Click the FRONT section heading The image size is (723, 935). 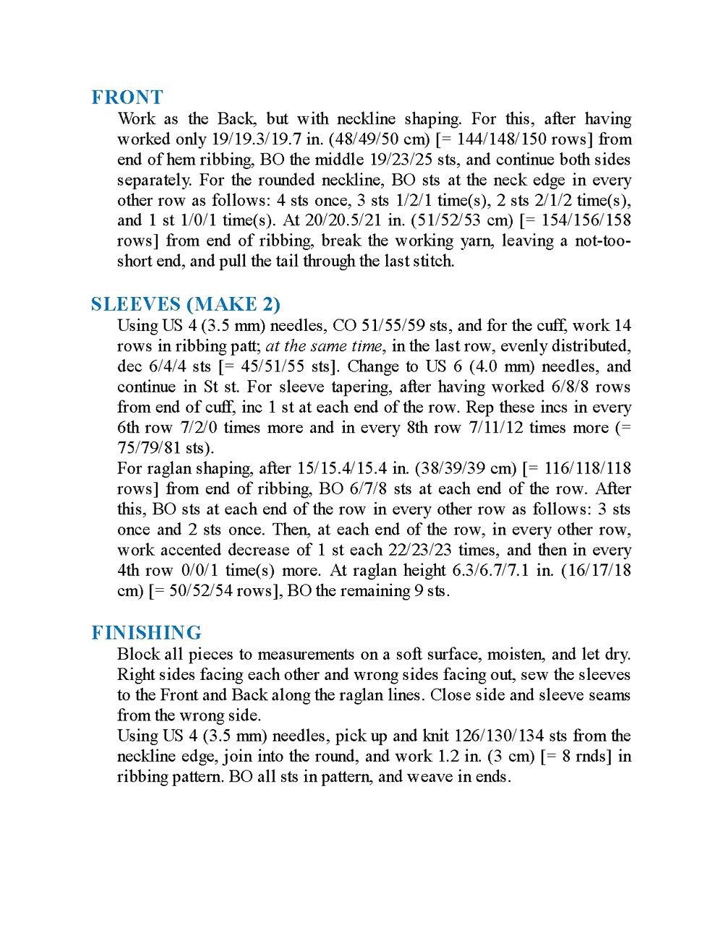[127, 97]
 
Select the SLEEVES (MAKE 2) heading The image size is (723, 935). [186, 304]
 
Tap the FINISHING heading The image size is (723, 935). [146, 633]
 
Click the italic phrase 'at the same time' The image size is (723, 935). [323, 346]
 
